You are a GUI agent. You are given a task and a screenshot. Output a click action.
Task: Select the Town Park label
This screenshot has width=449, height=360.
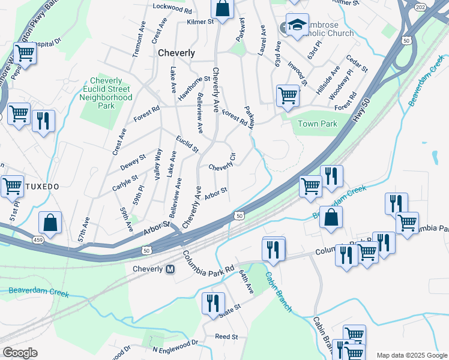pyautogui.click(x=317, y=124)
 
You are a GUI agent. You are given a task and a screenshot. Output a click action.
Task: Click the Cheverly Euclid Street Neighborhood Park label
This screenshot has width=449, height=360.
pyautogui.click(x=106, y=93)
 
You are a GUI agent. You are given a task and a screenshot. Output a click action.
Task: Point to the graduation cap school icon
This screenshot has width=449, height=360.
pyautogui.click(x=297, y=25)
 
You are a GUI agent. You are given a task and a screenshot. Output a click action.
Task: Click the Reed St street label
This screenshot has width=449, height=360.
pyautogui.click(x=226, y=337)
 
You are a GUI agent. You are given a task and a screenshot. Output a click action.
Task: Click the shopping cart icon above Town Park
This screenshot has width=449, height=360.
pyautogui.click(x=288, y=95)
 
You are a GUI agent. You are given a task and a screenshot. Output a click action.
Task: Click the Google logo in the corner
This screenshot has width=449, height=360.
pyautogui.click(x=20, y=353)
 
